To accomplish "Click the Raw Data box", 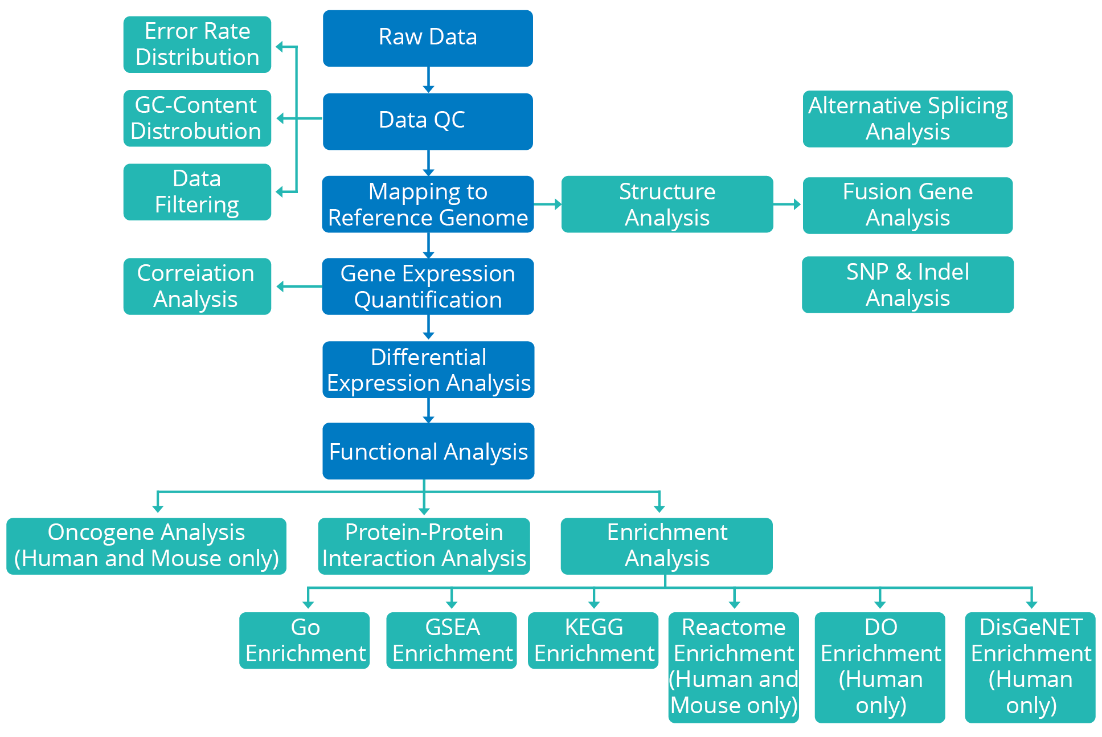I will (x=428, y=38).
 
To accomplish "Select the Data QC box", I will (x=428, y=121).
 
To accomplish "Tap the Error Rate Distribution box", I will (x=197, y=44).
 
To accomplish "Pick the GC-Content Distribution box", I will (x=197, y=118).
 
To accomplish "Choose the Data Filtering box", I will (x=197, y=192).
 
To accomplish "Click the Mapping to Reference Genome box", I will (x=428, y=204).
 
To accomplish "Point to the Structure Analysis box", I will (x=667, y=204).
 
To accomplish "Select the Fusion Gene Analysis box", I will (x=908, y=205).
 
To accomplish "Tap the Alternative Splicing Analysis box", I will (x=908, y=119).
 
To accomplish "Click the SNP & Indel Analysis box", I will (x=908, y=285).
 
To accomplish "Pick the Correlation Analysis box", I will (x=197, y=286).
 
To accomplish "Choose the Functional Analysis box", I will (x=428, y=451).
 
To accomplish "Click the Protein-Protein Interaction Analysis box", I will (x=424, y=546).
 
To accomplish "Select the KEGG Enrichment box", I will (x=593, y=641).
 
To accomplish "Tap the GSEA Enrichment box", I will (x=452, y=641).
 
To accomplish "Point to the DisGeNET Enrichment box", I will (x=1030, y=668).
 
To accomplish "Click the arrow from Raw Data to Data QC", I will (x=428, y=80).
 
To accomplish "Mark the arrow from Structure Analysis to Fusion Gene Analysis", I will (x=788, y=204).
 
